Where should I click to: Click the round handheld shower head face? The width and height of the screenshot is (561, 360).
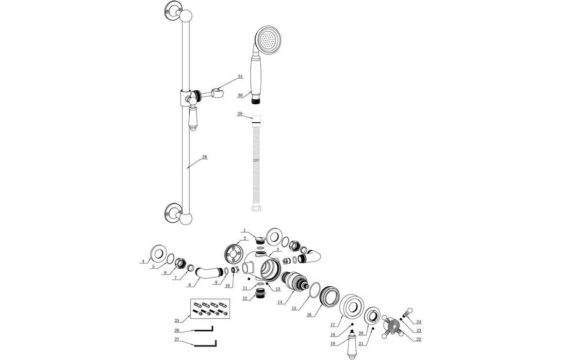(x=267, y=39)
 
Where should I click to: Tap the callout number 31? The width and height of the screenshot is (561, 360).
(x=240, y=77)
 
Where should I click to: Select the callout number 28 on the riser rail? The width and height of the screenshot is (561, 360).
(x=204, y=157)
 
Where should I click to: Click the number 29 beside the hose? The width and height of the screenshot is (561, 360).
(x=240, y=114)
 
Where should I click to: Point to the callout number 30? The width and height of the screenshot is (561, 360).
(x=240, y=96)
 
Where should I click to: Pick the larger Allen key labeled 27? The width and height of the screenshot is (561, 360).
(x=204, y=344)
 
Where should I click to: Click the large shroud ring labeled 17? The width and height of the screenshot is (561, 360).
(x=352, y=309)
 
